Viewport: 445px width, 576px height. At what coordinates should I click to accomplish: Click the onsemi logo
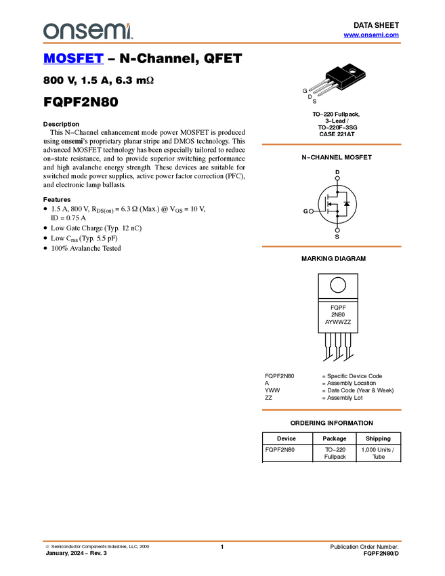(87, 30)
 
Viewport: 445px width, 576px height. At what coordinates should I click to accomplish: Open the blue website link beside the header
(371, 35)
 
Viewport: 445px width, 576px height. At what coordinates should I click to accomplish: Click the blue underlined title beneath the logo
(73, 59)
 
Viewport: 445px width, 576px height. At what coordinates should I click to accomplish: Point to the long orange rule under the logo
(221, 43)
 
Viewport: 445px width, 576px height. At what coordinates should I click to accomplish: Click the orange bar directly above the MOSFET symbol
(331, 144)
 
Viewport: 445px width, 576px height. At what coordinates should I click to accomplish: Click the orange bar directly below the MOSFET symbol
(331, 247)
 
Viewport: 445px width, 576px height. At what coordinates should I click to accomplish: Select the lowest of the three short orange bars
(331, 410)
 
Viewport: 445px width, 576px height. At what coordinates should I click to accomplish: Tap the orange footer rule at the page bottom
(221, 541)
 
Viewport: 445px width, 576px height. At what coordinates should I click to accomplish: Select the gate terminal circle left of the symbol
(312, 211)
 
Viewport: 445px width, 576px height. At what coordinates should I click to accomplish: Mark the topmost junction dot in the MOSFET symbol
(337, 192)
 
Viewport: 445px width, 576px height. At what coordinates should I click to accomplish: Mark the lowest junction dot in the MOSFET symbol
(337, 216)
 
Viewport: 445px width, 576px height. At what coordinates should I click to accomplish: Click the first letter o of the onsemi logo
(50, 31)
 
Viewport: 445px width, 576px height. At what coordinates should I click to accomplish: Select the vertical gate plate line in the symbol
(326, 203)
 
